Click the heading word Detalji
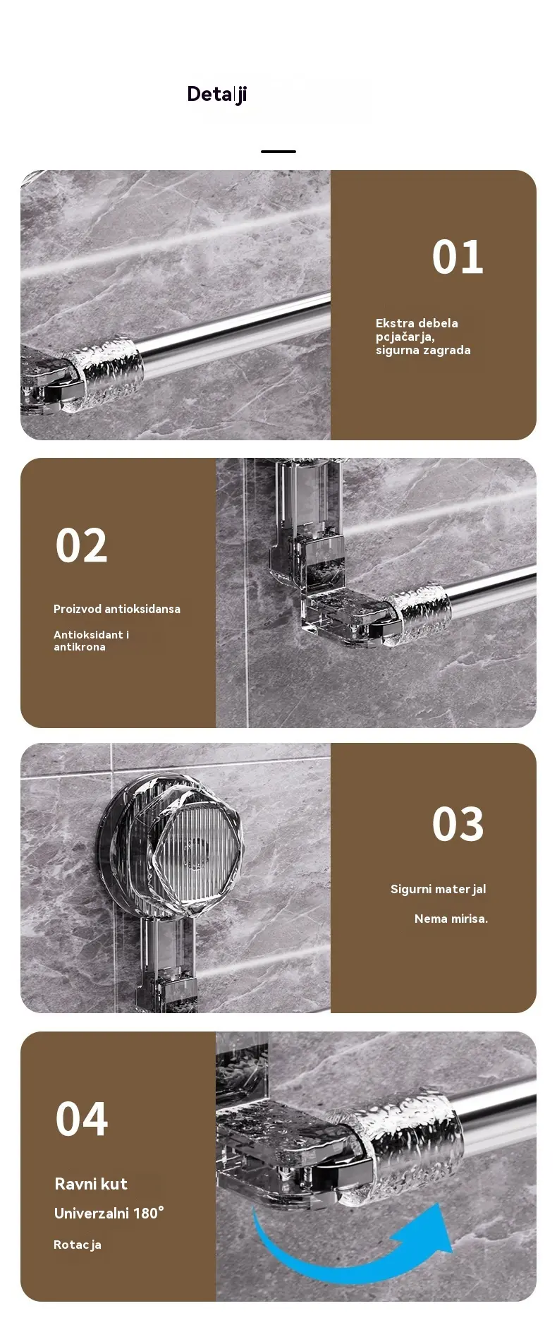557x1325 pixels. point(216,95)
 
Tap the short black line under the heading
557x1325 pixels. point(278,152)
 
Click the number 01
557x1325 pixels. point(458,257)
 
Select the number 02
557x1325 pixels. point(82,545)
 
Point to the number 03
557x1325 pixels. point(458,824)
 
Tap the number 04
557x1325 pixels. point(82,1120)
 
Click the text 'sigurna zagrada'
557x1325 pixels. point(423,351)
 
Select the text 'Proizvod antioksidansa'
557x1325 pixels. point(117,609)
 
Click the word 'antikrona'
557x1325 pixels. point(80,647)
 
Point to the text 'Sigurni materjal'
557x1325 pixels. point(439,890)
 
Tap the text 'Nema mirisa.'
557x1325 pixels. point(451,919)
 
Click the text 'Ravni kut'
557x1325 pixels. point(91,1184)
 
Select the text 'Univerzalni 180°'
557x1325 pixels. point(109,1214)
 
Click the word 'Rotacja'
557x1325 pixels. point(78,1245)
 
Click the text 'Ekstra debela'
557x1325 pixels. point(417,323)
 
